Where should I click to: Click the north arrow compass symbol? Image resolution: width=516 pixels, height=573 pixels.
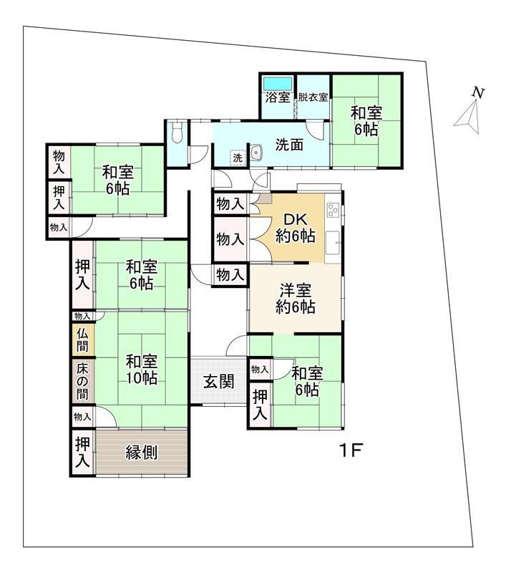(469, 112)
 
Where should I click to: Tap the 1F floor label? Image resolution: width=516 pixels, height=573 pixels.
(351, 451)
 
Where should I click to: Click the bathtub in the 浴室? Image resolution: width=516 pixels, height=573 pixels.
(278, 84)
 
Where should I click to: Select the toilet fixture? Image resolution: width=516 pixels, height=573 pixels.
(177, 133)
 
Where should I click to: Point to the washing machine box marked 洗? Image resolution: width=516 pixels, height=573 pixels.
(238, 158)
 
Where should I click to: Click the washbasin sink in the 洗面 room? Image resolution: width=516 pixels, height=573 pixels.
(257, 152)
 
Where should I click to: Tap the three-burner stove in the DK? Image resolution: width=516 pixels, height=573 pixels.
(333, 210)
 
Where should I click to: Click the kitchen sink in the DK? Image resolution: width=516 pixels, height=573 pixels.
(333, 242)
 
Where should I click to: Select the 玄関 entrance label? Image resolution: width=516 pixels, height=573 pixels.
(218, 382)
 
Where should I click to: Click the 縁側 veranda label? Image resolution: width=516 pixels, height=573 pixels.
(141, 453)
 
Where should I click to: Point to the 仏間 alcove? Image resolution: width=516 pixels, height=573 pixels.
(83, 339)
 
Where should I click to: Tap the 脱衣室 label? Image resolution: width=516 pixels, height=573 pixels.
(313, 97)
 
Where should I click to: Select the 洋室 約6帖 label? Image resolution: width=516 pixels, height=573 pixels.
(296, 299)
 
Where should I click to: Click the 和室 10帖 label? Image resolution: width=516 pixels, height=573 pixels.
(142, 370)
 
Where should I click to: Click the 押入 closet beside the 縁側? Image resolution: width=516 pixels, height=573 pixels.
(82, 452)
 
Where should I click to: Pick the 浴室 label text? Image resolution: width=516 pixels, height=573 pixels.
(278, 97)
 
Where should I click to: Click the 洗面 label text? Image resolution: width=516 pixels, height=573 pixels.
(289, 145)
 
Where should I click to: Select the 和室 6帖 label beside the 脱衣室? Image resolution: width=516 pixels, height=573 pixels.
(366, 120)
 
